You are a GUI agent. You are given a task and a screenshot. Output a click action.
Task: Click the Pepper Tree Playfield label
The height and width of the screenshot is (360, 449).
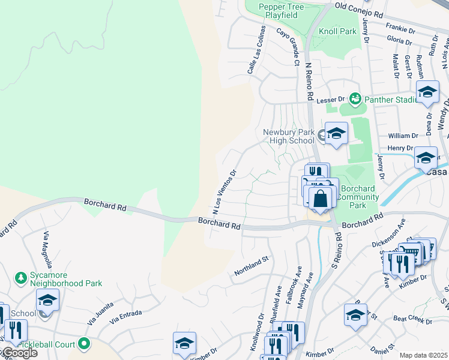pos(279,10)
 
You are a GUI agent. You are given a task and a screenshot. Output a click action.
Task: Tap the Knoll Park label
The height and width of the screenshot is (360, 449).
pos(338,30)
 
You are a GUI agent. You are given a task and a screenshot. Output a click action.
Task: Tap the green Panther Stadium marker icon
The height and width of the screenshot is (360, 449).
pos(355,98)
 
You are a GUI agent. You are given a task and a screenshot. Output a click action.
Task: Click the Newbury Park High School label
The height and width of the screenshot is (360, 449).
pos(289,136)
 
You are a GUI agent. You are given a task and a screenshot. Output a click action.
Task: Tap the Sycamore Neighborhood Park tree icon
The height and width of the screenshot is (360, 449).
pos(20,277)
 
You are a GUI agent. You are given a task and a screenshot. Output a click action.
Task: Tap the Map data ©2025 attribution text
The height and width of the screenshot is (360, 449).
pos(424,355)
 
